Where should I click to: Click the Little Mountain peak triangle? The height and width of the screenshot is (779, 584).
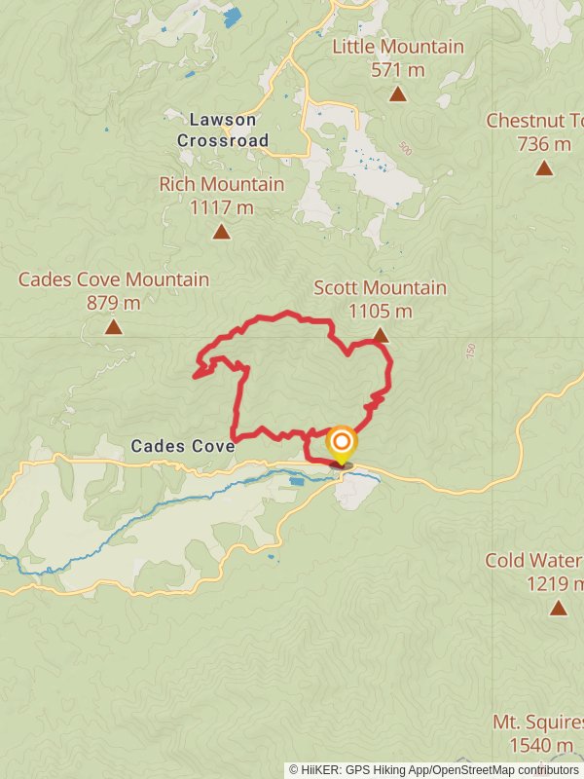[x=397, y=93]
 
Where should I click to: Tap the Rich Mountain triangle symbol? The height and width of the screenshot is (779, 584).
[x=222, y=231]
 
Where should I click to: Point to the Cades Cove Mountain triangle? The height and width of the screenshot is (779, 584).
[x=114, y=327]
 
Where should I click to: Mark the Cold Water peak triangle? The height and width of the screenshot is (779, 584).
[x=558, y=608]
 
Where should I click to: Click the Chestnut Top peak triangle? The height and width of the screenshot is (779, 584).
[x=544, y=167]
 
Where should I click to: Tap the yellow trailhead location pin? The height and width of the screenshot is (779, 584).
[x=341, y=446]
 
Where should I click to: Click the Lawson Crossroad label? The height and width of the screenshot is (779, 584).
[x=222, y=130]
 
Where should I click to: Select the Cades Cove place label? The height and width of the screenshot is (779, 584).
[x=183, y=446]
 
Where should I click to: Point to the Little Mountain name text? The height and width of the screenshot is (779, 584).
[x=397, y=47]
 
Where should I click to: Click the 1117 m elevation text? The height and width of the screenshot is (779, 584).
[x=222, y=207]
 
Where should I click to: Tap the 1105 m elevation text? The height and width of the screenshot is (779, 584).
[x=380, y=312]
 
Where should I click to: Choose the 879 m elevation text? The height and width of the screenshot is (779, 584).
[x=114, y=303]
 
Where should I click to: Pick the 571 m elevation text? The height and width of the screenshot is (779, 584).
[x=397, y=70]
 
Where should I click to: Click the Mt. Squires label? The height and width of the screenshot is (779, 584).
[x=537, y=723]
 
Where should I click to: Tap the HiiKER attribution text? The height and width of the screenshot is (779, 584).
[x=433, y=770]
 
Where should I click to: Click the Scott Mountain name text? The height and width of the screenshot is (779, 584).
[x=380, y=288]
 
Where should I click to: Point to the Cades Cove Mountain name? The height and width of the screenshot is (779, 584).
[x=114, y=279]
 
